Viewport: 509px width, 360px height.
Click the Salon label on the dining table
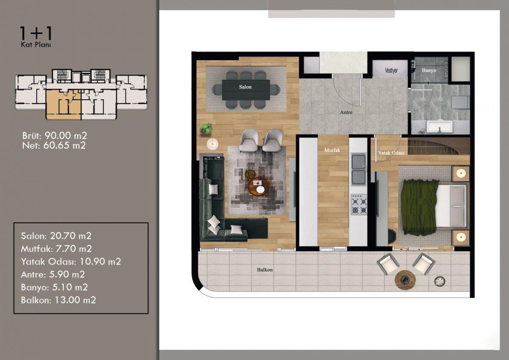click(x=245, y=87)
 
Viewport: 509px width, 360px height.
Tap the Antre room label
click(x=346, y=112)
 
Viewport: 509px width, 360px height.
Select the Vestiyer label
click(x=391, y=70)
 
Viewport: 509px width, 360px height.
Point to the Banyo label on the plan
click(x=429, y=70)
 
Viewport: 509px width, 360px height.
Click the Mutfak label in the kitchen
click(x=332, y=150)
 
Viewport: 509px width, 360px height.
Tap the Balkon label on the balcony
click(x=265, y=270)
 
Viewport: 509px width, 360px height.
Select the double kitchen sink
click(x=359, y=169)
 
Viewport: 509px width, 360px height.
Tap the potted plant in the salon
click(x=206, y=129)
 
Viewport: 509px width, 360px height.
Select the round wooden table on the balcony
click(x=405, y=280)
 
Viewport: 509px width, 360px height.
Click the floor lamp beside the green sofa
click(x=212, y=144)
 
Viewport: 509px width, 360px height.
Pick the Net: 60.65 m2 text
click(x=54, y=146)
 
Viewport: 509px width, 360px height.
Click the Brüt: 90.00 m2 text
click(x=55, y=136)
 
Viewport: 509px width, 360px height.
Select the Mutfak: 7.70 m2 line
click(x=56, y=249)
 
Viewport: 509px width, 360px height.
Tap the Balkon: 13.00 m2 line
click(x=58, y=300)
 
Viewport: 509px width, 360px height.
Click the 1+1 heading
click(x=36, y=33)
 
